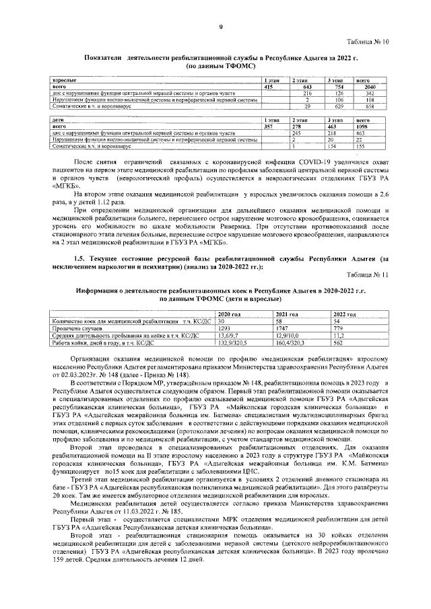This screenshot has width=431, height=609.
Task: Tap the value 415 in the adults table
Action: [x=268, y=87]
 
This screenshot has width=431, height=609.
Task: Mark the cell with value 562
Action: [x=339, y=342]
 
